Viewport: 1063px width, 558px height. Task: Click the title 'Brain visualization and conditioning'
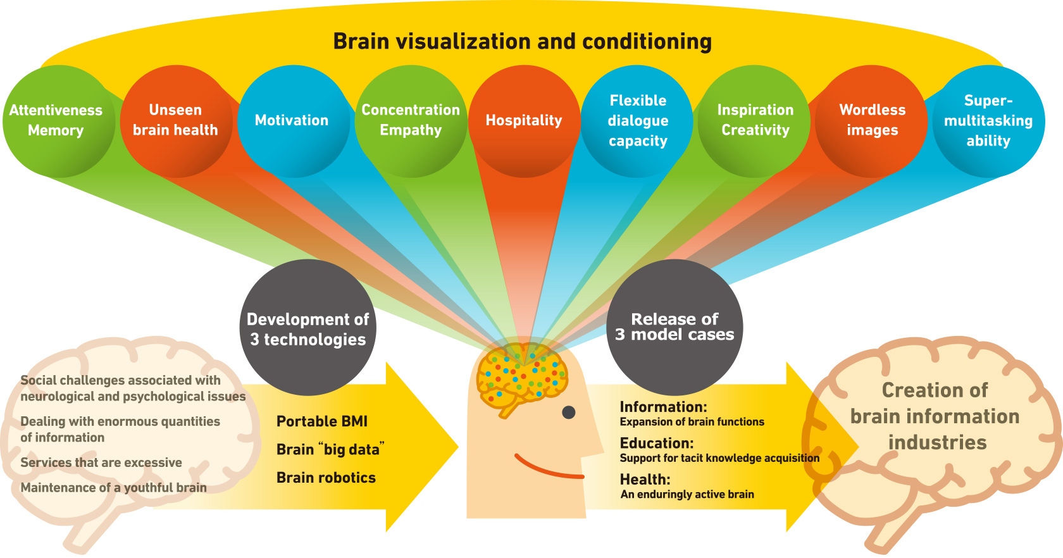522,42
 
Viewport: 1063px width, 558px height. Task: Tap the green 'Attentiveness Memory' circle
57,120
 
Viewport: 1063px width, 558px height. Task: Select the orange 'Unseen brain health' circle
175,120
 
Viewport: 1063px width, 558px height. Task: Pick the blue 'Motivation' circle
292,120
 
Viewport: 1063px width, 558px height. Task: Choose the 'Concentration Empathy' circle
411,120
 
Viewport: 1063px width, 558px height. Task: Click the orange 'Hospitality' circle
524,120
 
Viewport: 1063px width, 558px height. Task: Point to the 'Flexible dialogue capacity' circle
638,120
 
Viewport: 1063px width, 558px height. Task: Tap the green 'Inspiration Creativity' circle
755,120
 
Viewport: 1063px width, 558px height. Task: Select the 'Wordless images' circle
872,120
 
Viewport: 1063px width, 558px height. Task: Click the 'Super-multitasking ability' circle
988,120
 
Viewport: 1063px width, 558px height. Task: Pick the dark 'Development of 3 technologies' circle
308,328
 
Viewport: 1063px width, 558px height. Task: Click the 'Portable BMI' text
321,421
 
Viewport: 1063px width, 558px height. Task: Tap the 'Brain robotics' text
326,478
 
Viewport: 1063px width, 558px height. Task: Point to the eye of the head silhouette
568,412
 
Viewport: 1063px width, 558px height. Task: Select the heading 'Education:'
656,443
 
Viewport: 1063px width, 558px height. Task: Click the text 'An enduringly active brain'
687,494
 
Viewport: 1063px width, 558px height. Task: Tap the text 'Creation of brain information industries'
935,416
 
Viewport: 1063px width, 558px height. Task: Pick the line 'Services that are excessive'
101,462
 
